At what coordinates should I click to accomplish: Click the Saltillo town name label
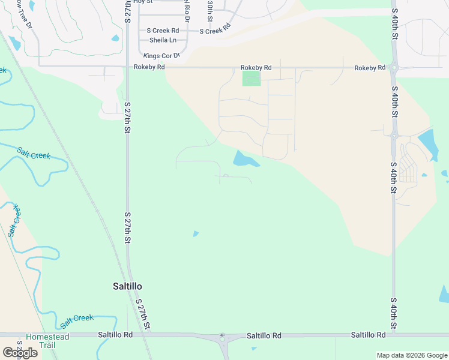tap(127, 286)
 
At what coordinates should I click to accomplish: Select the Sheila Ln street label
tap(163, 40)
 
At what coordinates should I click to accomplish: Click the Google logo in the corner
tap(20, 352)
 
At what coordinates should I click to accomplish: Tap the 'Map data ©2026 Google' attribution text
tap(412, 355)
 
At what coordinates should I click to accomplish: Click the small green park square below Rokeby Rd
tap(252, 78)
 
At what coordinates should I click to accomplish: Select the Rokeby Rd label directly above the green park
tap(256, 68)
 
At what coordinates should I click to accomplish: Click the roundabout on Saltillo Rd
tap(222, 338)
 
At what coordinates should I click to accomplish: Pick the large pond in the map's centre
tap(245, 159)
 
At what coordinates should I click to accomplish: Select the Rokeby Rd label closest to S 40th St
tap(369, 68)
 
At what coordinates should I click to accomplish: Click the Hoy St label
tap(143, 2)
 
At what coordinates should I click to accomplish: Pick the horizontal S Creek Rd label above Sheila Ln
tap(163, 31)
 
